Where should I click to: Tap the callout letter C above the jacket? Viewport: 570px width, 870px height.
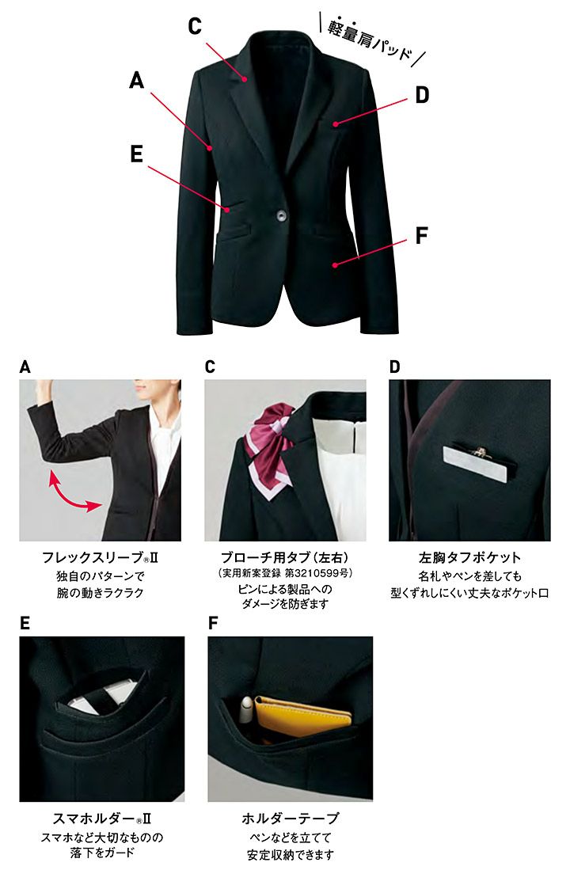pos(195,26)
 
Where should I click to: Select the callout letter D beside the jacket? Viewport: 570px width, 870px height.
pos(423,95)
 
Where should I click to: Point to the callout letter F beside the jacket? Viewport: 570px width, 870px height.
pos(422,235)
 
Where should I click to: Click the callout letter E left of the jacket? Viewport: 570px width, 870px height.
pos(136,154)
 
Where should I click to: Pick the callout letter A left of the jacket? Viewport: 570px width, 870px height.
pos(136,81)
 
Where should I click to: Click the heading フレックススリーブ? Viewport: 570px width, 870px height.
pos(100,557)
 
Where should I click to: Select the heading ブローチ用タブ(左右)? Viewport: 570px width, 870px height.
pos(285,557)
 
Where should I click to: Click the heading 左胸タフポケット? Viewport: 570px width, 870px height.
pos(469,557)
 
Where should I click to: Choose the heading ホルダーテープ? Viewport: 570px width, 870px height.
pos(291,819)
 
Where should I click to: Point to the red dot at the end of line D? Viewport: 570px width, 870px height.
pos(335,124)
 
